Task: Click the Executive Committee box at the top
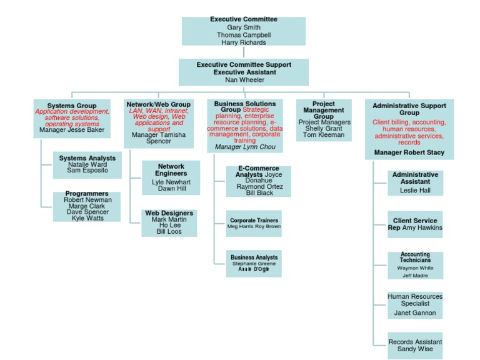coord(244,31)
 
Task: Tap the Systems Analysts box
coord(87,164)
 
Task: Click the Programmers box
coord(87,206)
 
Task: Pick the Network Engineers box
coord(171,177)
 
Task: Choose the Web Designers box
coord(169,222)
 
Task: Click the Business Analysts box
coord(254,263)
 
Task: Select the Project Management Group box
coord(323,119)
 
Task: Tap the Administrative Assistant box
coord(415,182)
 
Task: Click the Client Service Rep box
coord(415,224)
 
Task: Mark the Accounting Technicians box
coord(415,265)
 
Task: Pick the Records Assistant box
coord(415,346)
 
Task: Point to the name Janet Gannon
coord(415,313)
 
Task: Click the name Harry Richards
coord(244,42)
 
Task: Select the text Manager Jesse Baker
coord(72,131)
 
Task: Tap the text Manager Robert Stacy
coord(409,152)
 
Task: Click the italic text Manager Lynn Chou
coord(244,146)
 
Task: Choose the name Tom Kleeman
coord(323,135)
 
